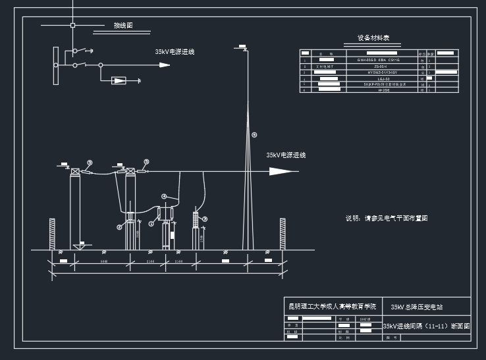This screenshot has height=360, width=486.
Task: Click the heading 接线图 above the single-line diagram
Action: point(122,26)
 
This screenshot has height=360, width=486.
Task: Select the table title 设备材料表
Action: point(373,38)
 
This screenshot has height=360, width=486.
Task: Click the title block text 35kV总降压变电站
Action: point(417,307)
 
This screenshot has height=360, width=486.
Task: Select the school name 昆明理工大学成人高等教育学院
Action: point(333,306)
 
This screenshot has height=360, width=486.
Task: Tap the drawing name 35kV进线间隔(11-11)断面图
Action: point(427,326)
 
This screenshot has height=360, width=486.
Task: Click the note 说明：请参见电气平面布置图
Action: point(387,218)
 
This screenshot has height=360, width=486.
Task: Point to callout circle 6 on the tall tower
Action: point(254,135)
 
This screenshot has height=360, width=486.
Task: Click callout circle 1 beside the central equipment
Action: point(151,223)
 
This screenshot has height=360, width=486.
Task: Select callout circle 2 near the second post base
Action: point(120,227)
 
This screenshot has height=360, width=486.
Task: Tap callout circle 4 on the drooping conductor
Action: point(165,195)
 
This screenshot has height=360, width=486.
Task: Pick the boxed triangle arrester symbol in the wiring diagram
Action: point(119,80)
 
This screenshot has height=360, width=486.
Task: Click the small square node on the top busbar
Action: point(72,26)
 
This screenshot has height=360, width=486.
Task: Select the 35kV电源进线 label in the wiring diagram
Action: point(175,51)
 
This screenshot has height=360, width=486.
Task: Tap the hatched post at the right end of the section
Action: point(283,233)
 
